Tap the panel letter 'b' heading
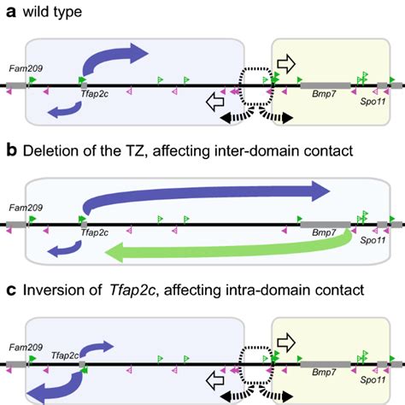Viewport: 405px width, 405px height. (8, 151)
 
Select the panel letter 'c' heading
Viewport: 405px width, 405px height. (8, 291)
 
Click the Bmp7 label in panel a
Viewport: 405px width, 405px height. (324, 97)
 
